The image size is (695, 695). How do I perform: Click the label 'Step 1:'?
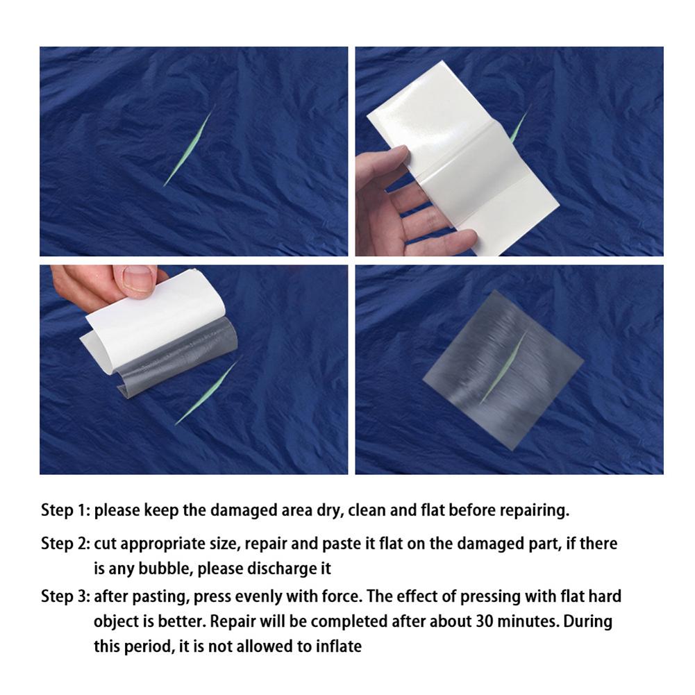tap(65, 511)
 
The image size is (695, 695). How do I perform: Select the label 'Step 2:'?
tap(65, 544)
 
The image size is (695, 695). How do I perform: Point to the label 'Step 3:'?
tap(65, 596)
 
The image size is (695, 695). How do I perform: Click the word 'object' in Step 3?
tap(117, 621)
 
